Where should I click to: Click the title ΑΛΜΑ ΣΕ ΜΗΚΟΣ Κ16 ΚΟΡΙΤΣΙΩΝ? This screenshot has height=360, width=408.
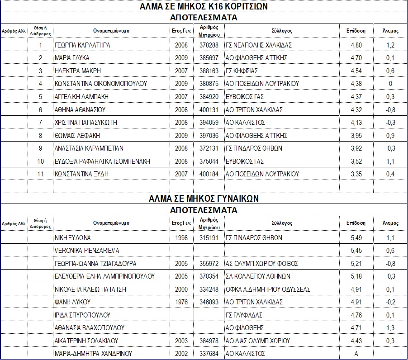tap(204, 6)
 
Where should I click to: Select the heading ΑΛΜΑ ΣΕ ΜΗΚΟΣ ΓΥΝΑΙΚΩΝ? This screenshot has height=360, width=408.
tap(204, 199)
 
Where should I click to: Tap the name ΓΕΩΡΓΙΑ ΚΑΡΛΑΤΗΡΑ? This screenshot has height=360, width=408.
tap(82, 45)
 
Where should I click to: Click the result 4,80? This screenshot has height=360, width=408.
tap(356, 45)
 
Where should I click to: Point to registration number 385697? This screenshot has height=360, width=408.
tap(209, 58)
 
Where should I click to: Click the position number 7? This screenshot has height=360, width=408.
tap(40, 123)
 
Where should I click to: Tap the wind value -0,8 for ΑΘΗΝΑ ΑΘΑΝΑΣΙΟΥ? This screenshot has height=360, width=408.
tap(390, 109)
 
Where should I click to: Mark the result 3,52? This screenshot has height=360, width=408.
tap(356, 161)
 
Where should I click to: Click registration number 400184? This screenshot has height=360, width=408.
tap(209, 174)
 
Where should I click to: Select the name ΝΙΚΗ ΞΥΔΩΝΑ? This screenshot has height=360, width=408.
tap(73, 237)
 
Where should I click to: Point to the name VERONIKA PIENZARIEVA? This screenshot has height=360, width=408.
tap(87, 250)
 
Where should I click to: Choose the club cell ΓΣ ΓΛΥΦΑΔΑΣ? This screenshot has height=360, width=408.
tap(244, 315)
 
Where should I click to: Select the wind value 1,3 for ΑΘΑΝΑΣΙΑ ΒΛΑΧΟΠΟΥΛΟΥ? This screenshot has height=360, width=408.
tap(390, 327)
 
